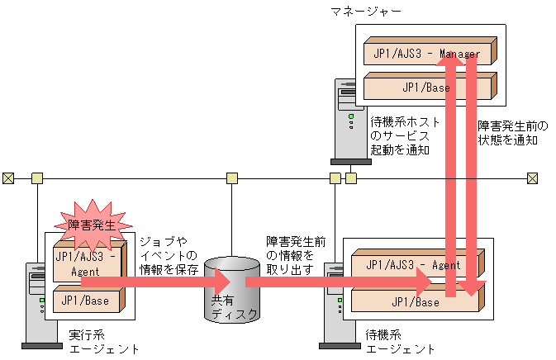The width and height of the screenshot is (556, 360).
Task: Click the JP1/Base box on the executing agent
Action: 87,300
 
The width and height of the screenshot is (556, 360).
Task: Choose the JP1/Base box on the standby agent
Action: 397,301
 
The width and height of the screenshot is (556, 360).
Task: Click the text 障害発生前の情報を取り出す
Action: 295,255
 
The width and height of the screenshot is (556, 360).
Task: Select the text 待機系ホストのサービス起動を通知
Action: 405,135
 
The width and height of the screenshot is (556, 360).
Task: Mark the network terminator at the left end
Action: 7,178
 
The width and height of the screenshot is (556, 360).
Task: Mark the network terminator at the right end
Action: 533,178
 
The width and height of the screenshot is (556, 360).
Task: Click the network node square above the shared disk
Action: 232,178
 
